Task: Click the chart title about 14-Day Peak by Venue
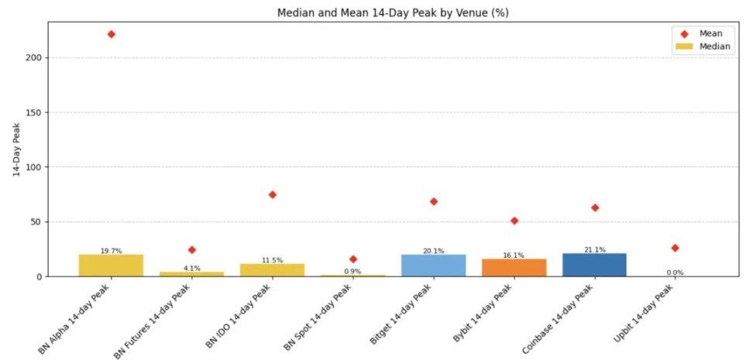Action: pyautogui.click(x=393, y=13)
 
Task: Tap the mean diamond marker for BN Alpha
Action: pyautogui.click(x=112, y=34)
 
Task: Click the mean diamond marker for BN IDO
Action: pyautogui.click(x=273, y=194)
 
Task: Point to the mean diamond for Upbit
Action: pyautogui.click(x=675, y=248)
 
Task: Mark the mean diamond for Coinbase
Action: pyautogui.click(x=594, y=207)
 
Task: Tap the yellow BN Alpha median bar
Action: pyautogui.click(x=111, y=266)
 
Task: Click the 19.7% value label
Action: pyautogui.click(x=111, y=251)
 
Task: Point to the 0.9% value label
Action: pyautogui.click(x=352, y=272)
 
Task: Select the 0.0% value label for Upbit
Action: pyautogui.click(x=675, y=273)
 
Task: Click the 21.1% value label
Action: pyautogui.click(x=594, y=249)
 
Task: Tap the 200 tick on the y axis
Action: pyautogui.click(x=33, y=58)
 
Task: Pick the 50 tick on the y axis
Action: pyautogui.click(x=36, y=222)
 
